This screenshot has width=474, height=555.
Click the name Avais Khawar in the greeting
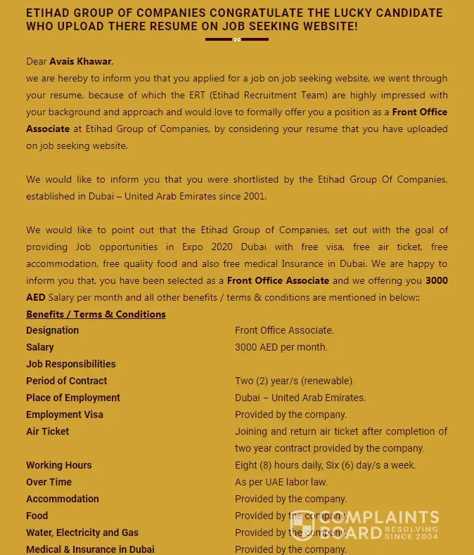point(81,61)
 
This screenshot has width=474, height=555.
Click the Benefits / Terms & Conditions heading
point(96,314)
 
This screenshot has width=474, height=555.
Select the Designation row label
point(53,330)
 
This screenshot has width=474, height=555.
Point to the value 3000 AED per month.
point(281,347)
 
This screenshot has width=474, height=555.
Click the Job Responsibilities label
point(71,364)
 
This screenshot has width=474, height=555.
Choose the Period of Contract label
point(67,381)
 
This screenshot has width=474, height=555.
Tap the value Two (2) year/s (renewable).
point(295,381)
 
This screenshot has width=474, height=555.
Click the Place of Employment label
point(73,398)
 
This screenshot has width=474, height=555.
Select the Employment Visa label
point(65,414)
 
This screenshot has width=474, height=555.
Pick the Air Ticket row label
point(48,431)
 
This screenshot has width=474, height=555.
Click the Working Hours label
point(59,465)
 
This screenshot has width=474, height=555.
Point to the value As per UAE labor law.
point(281,482)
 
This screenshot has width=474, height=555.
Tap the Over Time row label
point(49,482)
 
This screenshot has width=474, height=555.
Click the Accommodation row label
point(63,499)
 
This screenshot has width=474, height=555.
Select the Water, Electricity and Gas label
point(82,533)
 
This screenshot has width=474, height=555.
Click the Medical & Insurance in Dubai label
point(90,549)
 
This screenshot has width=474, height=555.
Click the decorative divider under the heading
point(237,39)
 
